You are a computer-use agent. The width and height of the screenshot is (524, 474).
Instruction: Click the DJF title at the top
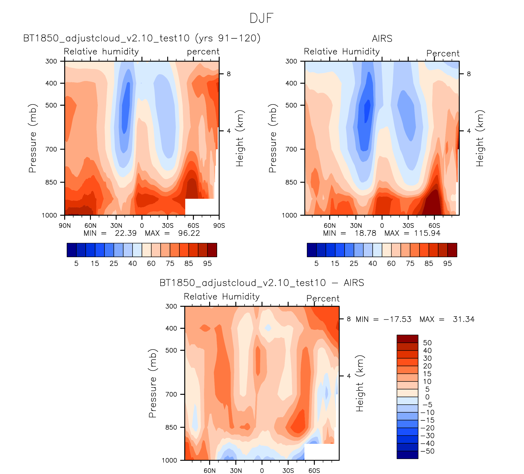[x=261, y=18]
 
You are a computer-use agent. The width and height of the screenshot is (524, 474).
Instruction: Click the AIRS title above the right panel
[x=382, y=39]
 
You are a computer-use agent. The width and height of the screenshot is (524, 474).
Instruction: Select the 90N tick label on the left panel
[x=65, y=226]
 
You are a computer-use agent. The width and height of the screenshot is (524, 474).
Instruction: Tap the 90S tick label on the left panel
[x=219, y=226]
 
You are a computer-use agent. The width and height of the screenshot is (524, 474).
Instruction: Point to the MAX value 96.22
[x=189, y=233]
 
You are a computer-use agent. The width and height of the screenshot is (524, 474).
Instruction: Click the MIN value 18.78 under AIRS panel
[x=365, y=233]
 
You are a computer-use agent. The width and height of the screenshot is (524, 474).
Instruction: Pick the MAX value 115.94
[x=427, y=233]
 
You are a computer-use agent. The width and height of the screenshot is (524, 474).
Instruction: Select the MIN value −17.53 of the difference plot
[x=397, y=319]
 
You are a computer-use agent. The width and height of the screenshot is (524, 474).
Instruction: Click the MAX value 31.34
[x=463, y=319]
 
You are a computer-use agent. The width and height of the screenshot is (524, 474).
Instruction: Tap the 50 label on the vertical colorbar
[x=427, y=343]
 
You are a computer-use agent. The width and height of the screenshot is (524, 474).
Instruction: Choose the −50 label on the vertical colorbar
[x=427, y=451]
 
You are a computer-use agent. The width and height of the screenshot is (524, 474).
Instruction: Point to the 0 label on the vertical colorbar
[x=427, y=397]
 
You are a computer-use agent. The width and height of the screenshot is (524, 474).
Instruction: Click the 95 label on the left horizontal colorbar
[x=207, y=263]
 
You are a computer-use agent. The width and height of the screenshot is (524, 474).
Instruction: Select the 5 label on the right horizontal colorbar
[x=316, y=263]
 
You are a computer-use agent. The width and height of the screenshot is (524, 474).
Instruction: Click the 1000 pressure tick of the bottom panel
[x=169, y=460]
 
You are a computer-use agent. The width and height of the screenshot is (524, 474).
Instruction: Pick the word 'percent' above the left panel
[x=203, y=52]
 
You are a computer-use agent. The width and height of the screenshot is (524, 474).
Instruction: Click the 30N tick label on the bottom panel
[x=236, y=471]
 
